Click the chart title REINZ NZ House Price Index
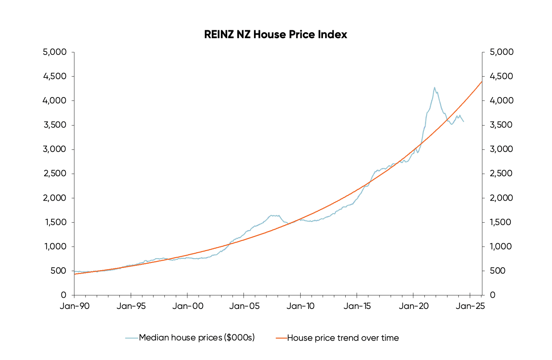tap(275, 35)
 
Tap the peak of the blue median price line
tap(434, 88)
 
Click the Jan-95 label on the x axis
tap(131, 306)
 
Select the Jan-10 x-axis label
tap(300, 306)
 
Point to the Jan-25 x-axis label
tap(470, 306)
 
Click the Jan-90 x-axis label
tap(74, 306)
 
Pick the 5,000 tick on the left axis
tap(54, 52)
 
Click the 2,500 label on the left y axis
tap(54, 174)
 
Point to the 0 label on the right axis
tap(492, 295)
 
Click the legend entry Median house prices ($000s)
tap(197, 338)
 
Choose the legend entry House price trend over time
tap(343, 338)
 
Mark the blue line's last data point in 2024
tap(464, 121)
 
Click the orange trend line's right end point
tap(482, 82)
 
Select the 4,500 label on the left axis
tap(54, 76)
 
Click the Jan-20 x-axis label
tap(413, 306)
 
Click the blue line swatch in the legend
tap(132, 338)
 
